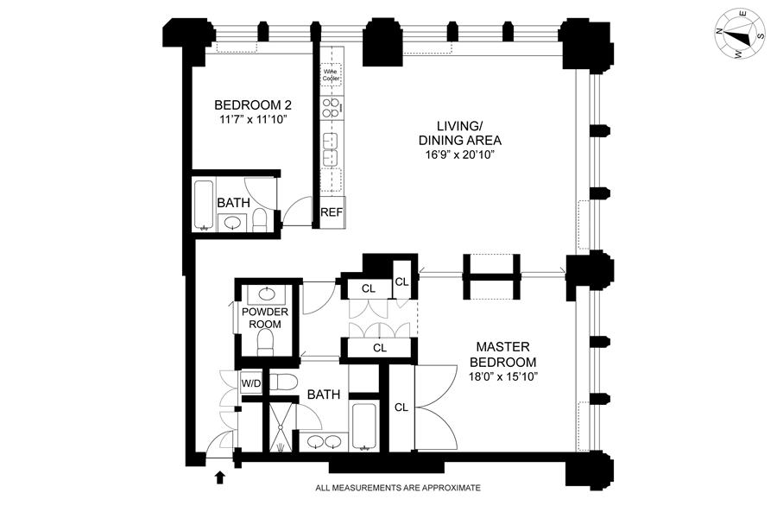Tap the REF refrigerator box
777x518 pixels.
[x=332, y=212]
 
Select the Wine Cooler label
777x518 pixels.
[x=332, y=76]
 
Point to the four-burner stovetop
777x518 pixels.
[x=332, y=108]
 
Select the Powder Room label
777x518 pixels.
[x=265, y=318]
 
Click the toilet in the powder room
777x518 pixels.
[x=267, y=345]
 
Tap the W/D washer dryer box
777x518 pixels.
[x=251, y=382]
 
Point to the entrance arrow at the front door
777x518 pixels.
[x=219, y=476]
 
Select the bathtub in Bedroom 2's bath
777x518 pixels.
[x=205, y=205]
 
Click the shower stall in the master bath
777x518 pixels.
[x=280, y=427]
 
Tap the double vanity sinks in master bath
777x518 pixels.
[x=325, y=443]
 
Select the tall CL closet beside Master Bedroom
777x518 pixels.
[x=401, y=407]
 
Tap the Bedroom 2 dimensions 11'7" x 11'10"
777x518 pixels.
[x=250, y=120]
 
